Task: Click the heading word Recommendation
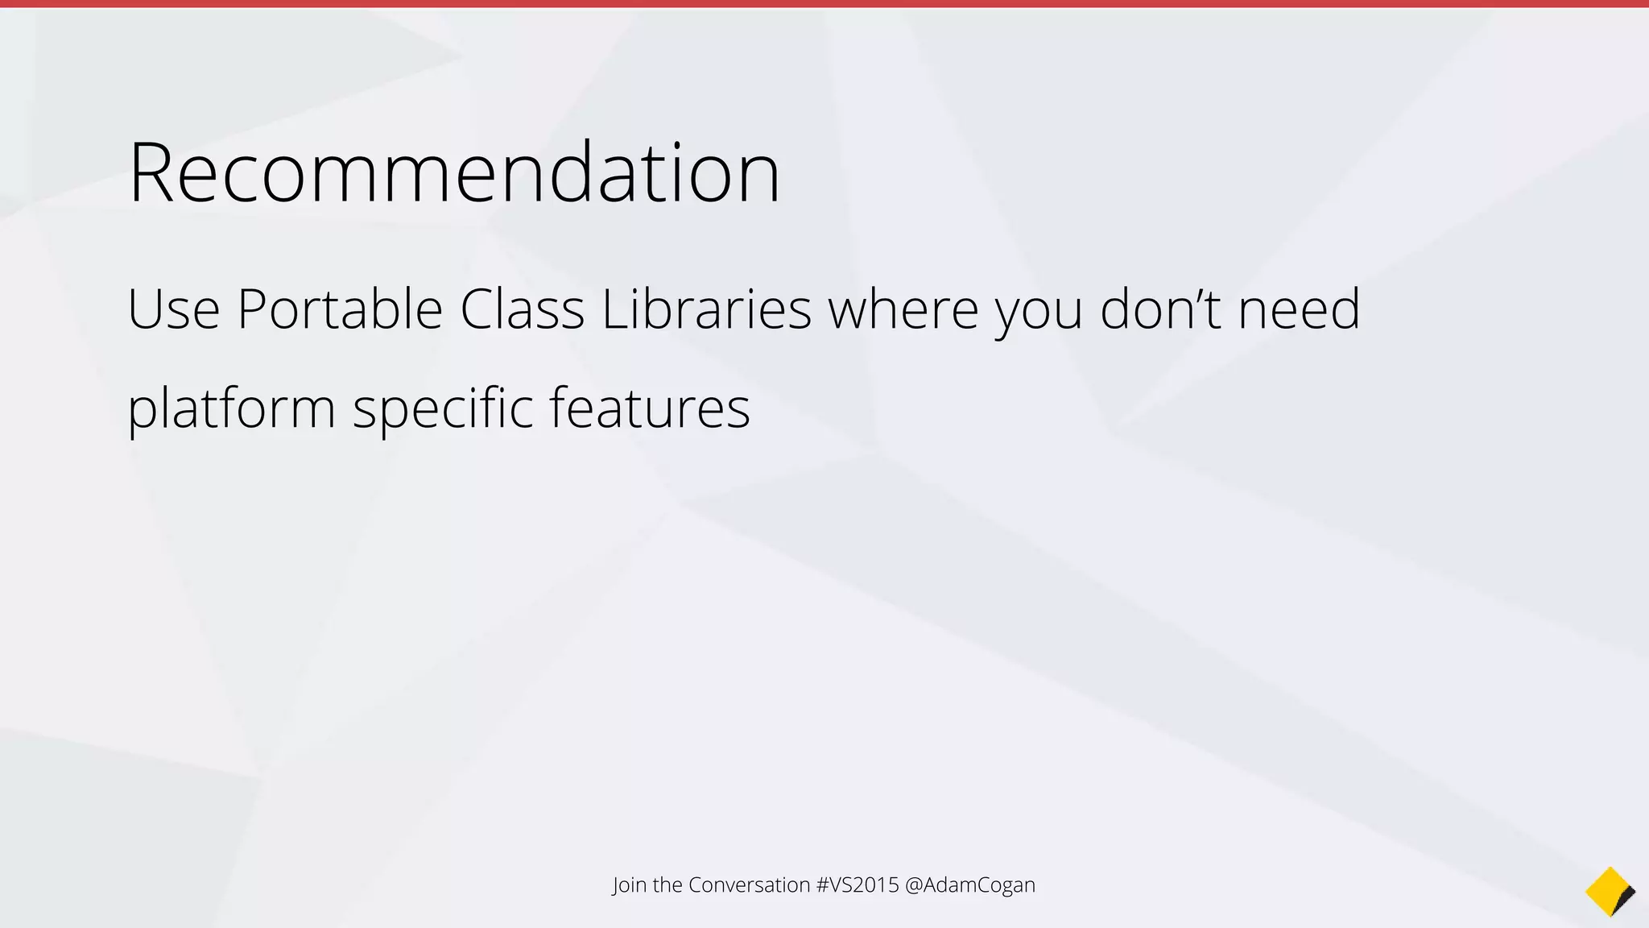pos(453,172)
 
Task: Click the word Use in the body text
pos(173,309)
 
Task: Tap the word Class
pos(522,309)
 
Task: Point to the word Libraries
pos(706,309)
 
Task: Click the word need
pos(1299,309)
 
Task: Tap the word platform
pos(231,409)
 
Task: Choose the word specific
pos(443,409)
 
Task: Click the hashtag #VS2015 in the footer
pos(858,884)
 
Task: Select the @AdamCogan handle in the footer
pos(970,885)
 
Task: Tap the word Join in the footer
pos(630,885)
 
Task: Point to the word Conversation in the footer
pos(749,884)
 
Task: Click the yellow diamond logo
pos(1606,890)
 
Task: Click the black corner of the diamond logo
pos(1626,897)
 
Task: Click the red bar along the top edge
pos(824,4)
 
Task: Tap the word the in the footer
pos(667,884)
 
